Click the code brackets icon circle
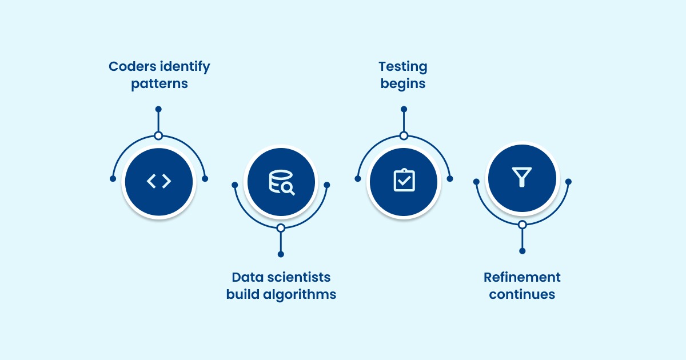[x=159, y=182]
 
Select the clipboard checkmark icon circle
[x=404, y=182]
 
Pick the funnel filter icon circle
[x=521, y=177]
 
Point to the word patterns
[x=159, y=84]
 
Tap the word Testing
[x=404, y=67]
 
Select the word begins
[x=404, y=84]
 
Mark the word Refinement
[x=522, y=277]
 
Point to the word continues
[x=522, y=294]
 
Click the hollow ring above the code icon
[x=159, y=136]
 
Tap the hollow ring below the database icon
[x=281, y=228]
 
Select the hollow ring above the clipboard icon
[x=404, y=136]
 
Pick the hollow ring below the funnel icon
[x=522, y=225]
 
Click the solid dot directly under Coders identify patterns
[x=159, y=109]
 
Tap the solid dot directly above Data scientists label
[x=281, y=254]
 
